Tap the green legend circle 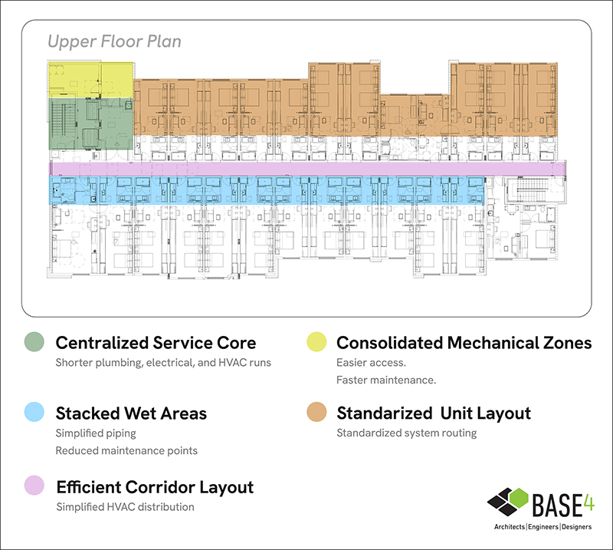click(x=34, y=342)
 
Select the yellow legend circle click(x=316, y=342)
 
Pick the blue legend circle click(x=34, y=413)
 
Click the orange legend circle click(x=316, y=413)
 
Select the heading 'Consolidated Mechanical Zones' click(x=464, y=342)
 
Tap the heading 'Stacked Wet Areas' click(x=131, y=413)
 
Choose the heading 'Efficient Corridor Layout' click(x=155, y=486)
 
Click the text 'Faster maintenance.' click(x=386, y=380)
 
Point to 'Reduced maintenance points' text click(x=126, y=450)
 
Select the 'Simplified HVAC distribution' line click(x=125, y=507)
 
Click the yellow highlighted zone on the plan click(x=90, y=79)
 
